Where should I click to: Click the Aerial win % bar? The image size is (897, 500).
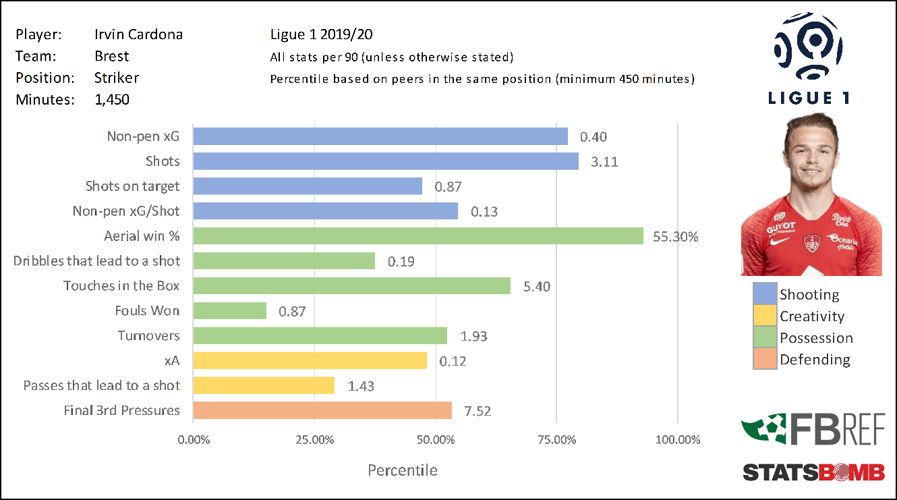pyautogui.click(x=418, y=236)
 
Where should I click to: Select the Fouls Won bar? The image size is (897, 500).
pyautogui.click(x=230, y=311)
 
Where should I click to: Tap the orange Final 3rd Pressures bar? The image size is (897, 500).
pyautogui.click(x=322, y=410)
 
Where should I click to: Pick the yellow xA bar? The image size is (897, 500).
pyautogui.click(x=310, y=360)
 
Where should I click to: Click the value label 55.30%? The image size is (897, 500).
pyautogui.click(x=676, y=237)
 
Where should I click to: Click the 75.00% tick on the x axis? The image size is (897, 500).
pyautogui.click(x=558, y=440)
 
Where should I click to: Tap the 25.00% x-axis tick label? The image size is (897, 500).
pyautogui.click(x=315, y=440)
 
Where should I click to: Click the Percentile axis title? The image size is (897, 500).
pyautogui.click(x=403, y=470)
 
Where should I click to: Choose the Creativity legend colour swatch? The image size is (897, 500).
pyautogui.click(x=765, y=316)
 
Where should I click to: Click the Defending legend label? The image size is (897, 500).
pyautogui.click(x=815, y=360)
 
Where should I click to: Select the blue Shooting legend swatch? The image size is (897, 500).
pyautogui.click(x=765, y=294)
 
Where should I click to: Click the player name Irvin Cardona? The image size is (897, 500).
pyautogui.click(x=138, y=34)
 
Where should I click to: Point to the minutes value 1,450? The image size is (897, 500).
pyautogui.click(x=112, y=99)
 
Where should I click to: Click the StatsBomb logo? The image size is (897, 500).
pyautogui.click(x=813, y=472)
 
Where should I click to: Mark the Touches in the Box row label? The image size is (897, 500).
pyautogui.click(x=121, y=286)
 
